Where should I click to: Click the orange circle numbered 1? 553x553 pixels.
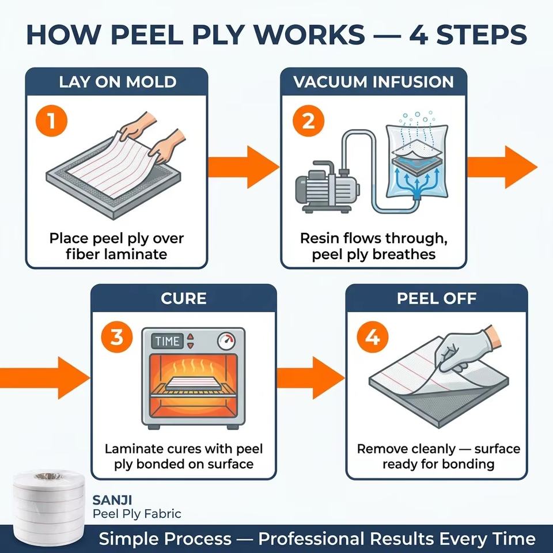(51, 120)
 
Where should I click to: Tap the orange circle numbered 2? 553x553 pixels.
(308, 120)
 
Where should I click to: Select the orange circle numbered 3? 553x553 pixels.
(117, 337)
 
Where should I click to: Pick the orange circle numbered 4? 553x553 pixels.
(373, 337)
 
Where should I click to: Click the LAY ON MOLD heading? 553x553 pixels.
(118, 82)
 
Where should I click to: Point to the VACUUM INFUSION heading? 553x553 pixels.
(373, 82)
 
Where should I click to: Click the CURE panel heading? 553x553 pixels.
(183, 298)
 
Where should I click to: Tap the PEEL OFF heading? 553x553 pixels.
(437, 298)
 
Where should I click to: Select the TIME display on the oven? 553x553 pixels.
(168, 341)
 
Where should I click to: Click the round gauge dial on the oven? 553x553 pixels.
(226, 340)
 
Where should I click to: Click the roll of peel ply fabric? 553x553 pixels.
(49, 509)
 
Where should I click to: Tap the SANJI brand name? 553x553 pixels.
(112, 500)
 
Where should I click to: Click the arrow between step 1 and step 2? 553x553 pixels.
(243, 167)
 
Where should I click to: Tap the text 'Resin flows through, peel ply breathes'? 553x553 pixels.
(373, 246)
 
